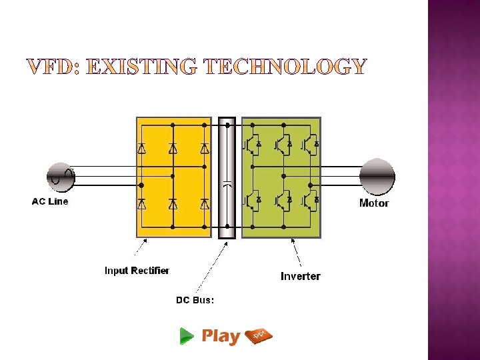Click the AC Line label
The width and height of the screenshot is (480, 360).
click(x=50, y=201)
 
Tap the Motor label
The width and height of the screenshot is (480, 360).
click(x=373, y=203)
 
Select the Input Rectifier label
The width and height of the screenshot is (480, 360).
click(x=137, y=271)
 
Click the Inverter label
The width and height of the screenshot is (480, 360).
click(x=300, y=276)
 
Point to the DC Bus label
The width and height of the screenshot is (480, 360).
click(x=195, y=300)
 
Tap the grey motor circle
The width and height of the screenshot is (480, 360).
click(x=377, y=177)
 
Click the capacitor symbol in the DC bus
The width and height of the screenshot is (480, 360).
click(x=227, y=185)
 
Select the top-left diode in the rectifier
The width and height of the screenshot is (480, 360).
click(x=141, y=149)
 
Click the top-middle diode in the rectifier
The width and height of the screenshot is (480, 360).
click(x=173, y=149)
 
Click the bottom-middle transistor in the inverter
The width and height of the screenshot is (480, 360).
click(x=283, y=199)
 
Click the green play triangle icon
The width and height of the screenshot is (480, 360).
click(x=187, y=337)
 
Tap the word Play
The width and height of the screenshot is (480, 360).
click(x=220, y=336)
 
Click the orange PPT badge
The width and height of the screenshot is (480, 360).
click(x=259, y=335)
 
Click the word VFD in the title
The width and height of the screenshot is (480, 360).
click(x=53, y=67)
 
